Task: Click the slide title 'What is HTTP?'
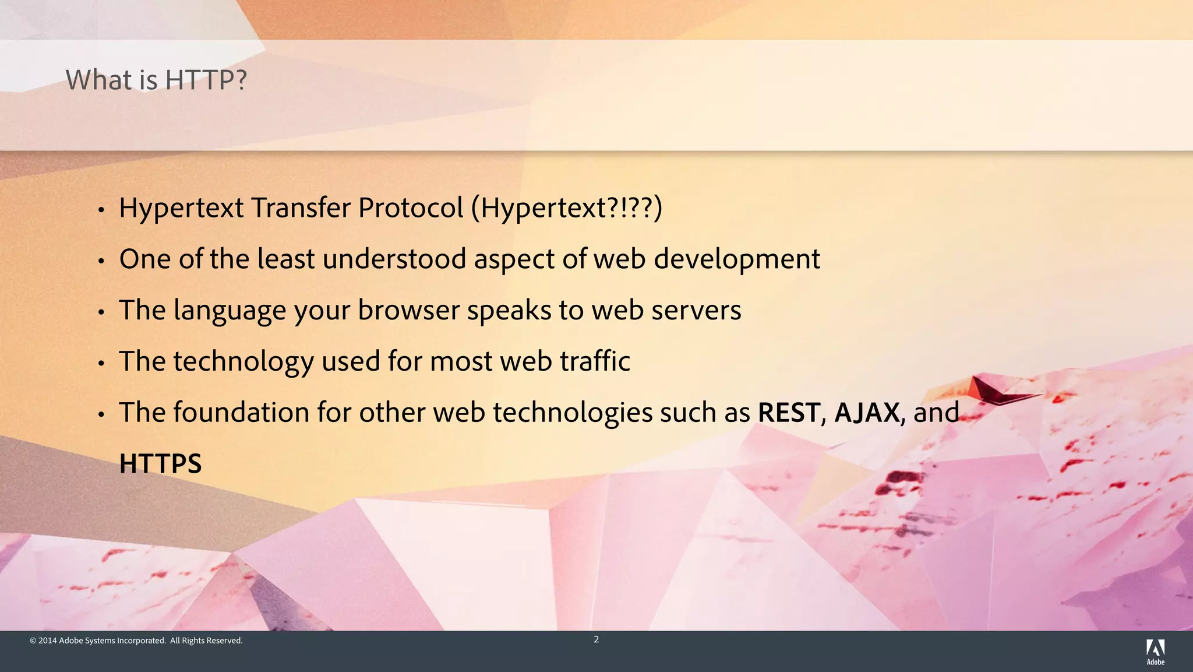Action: (156, 80)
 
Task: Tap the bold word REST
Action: (789, 413)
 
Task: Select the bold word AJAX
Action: (867, 413)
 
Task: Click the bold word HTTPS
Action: (160, 464)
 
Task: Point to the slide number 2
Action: (596, 639)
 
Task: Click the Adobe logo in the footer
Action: (1155, 651)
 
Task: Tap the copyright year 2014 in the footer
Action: (48, 641)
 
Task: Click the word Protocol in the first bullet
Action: (411, 208)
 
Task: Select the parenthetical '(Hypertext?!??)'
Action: (566, 208)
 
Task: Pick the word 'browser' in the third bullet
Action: (408, 310)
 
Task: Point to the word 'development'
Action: (736, 260)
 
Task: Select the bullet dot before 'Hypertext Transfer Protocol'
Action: (101, 210)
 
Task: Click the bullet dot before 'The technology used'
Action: (101, 364)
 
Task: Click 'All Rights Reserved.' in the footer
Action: (206, 641)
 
